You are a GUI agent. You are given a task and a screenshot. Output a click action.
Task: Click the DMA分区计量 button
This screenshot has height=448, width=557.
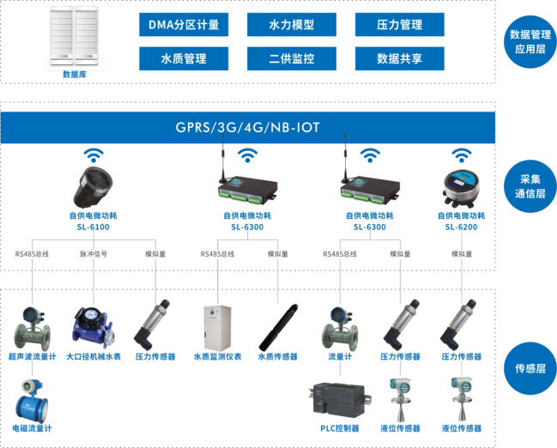click(x=185, y=25)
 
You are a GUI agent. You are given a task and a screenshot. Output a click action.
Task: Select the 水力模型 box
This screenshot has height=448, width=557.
click(x=292, y=25)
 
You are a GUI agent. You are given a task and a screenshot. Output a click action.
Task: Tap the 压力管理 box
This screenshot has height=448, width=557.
click(x=399, y=25)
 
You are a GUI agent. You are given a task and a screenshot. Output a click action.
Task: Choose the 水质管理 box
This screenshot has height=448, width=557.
click(x=185, y=58)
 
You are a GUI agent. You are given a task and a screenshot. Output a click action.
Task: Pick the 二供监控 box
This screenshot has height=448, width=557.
click(x=292, y=58)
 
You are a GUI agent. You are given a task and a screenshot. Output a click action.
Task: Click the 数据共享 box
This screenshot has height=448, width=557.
click(x=399, y=58)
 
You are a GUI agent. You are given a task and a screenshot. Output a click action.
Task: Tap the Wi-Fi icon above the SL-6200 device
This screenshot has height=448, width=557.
click(x=461, y=155)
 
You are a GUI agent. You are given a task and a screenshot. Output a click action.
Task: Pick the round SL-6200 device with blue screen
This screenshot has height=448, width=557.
click(x=461, y=186)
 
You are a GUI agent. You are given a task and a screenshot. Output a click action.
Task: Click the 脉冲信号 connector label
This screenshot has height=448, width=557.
click(x=94, y=254)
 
